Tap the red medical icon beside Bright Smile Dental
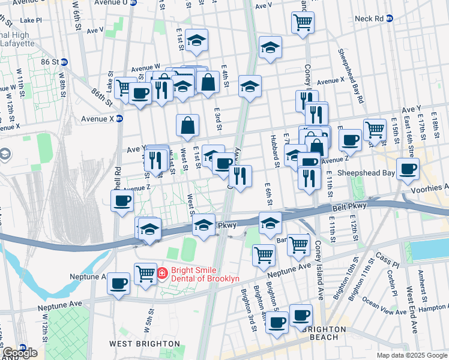tap(161, 274)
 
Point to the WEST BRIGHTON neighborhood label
tap(144, 344)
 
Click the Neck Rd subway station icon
tap(389, 19)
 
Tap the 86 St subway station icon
tap(64, 61)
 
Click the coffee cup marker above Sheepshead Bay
tap(408, 169)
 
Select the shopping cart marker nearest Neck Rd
tap(303, 23)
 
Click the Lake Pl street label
tap(31, 20)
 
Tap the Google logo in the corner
tap(19, 353)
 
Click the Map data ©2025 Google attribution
tap(412, 355)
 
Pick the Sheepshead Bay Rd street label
tap(351, 77)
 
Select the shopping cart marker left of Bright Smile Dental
tap(145, 274)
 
